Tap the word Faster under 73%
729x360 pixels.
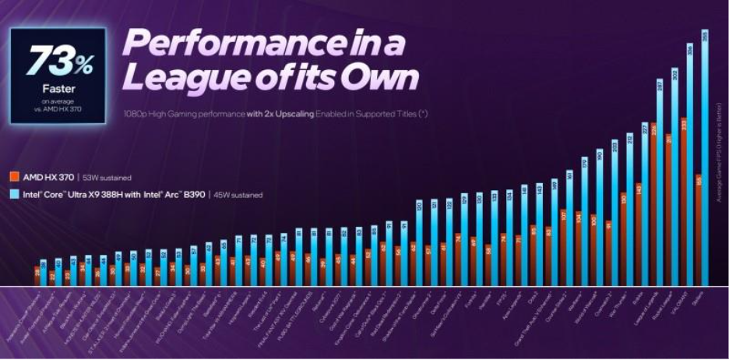(56, 88)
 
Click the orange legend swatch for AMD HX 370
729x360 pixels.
(16, 177)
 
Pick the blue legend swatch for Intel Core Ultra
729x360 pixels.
(16, 194)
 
